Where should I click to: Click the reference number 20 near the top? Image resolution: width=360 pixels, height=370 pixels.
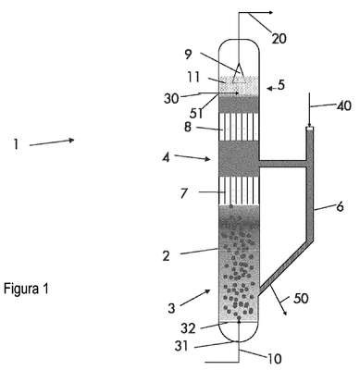point(279,39)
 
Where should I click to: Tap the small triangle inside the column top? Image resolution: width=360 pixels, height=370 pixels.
point(239,73)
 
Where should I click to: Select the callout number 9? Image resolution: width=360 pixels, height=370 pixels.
point(189,55)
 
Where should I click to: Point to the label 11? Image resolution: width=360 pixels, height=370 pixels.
point(194,77)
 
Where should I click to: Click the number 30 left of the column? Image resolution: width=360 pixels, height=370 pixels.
point(171,99)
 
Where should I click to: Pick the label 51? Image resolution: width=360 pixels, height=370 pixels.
point(196,114)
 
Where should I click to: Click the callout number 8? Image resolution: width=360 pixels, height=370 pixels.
point(188,127)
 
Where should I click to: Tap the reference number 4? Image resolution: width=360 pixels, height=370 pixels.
point(166,157)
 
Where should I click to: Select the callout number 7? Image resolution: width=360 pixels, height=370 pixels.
point(184,194)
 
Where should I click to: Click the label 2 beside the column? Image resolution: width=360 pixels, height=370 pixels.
point(167,255)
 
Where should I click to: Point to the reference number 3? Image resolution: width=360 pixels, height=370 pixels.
point(172,307)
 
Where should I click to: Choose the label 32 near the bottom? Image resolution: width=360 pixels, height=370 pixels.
point(188,328)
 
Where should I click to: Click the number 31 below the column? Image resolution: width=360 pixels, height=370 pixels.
point(181,346)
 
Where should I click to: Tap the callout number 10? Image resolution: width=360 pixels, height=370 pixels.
point(274,359)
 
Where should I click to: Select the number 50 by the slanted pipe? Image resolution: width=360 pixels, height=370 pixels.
point(301,298)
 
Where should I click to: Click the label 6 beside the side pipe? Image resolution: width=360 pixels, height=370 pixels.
point(340,206)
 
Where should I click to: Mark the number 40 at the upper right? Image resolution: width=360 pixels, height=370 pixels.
point(343,105)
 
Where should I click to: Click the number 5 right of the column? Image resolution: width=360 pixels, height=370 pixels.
point(280,85)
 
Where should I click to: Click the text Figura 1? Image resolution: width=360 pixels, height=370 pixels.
point(26,289)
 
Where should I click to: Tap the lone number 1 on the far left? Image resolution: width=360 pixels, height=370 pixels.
point(16,144)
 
